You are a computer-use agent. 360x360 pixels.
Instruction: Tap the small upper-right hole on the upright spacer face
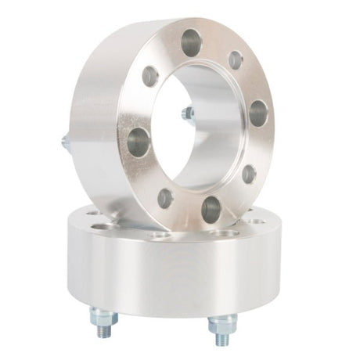point(235,60)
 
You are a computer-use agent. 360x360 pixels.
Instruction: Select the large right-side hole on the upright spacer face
point(257,113)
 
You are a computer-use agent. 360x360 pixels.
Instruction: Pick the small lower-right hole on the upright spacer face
point(248,174)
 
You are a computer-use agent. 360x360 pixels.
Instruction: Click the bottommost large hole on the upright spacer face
point(211,209)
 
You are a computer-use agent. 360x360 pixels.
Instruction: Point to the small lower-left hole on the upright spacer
point(165,197)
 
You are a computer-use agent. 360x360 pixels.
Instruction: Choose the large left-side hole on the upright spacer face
point(138,142)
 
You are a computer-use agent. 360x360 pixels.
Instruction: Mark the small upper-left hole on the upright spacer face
point(150,76)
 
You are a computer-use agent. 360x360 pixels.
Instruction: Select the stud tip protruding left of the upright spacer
point(64,142)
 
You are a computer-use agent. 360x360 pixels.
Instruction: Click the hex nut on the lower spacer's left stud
point(104,315)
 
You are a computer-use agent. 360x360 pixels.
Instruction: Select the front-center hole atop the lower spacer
point(160,234)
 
